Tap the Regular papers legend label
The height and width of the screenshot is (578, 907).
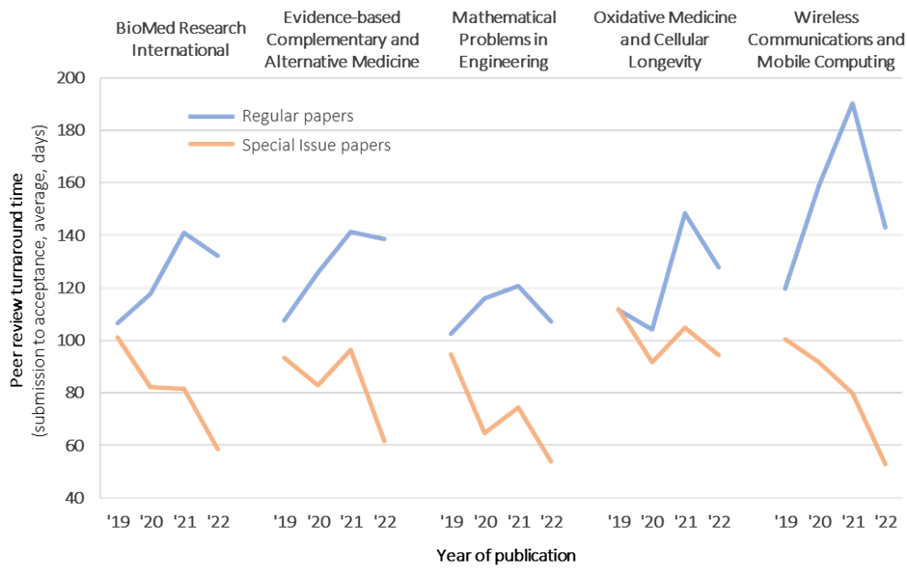coord(297,116)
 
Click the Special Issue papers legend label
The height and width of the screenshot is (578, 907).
coord(316,145)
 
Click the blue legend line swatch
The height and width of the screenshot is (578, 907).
coord(210,117)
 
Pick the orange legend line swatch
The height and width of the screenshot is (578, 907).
coord(210,146)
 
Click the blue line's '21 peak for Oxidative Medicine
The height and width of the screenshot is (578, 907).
coord(685,212)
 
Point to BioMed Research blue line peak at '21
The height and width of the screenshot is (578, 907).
coord(183,232)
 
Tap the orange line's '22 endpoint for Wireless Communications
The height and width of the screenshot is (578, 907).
coord(886,464)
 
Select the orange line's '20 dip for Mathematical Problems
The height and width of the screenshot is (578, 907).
coord(483,433)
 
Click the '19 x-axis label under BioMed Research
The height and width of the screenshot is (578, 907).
coord(118,522)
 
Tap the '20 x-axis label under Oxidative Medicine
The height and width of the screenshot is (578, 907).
coord(652,522)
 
